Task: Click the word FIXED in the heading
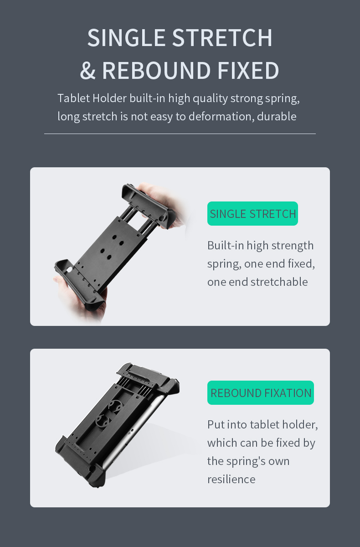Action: tap(248, 71)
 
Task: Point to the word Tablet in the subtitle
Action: tap(73, 98)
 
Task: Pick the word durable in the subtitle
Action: tap(277, 117)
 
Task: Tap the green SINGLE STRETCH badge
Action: tap(252, 214)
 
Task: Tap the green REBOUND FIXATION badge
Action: tap(261, 393)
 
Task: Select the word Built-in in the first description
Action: tap(226, 246)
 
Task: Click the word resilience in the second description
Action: tap(231, 479)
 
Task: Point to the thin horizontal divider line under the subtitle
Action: tap(180, 134)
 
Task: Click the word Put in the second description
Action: tap(216, 425)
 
